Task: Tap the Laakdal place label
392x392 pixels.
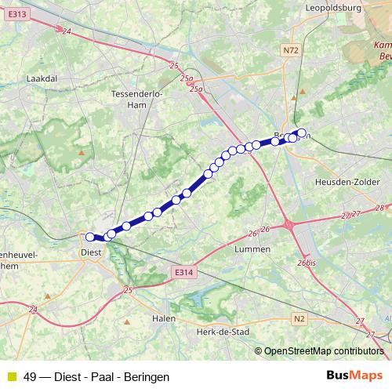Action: (x=39, y=79)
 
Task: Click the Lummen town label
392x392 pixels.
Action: (x=252, y=249)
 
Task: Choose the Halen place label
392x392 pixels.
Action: (x=163, y=318)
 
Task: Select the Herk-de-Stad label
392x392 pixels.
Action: (x=224, y=332)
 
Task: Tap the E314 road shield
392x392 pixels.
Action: (x=182, y=272)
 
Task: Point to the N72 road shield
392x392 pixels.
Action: (x=290, y=51)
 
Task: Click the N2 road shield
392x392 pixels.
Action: (x=299, y=318)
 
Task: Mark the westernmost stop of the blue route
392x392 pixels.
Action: (x=90, y=236)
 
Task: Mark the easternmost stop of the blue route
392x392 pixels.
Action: (x=301, y=133)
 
